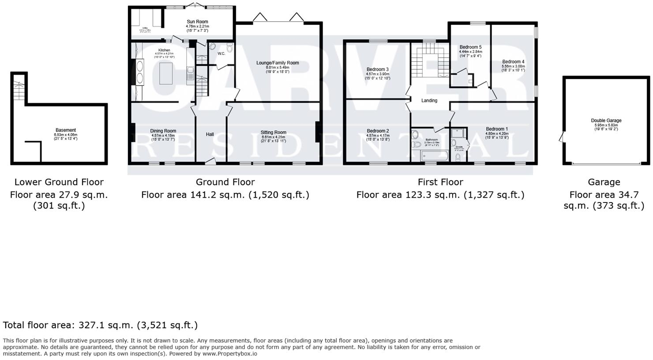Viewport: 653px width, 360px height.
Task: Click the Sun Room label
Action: point(197,22)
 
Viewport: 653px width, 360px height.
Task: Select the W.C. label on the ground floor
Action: point(221,54)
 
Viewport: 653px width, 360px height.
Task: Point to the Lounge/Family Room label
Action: point(278,63)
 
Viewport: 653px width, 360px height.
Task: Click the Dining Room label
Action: point(163,131)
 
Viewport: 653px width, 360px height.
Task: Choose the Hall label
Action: point(210,134)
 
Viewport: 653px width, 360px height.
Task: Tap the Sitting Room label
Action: point(273,132)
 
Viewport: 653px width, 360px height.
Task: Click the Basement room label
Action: point(65,130)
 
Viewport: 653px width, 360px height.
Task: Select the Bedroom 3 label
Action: point(378,70)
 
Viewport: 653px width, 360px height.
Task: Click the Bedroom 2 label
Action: point(378,131)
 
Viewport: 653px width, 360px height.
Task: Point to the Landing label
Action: point(429,101)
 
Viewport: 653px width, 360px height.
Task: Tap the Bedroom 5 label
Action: point(470,47)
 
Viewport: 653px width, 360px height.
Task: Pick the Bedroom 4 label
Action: point(513,62)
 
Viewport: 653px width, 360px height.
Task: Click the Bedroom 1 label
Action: point(497,129)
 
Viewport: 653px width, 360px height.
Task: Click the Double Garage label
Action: point(606,120)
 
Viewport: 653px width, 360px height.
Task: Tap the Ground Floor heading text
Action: point(225,182)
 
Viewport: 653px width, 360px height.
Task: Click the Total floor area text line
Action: point(100,325)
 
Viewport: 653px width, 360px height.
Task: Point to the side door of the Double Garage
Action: point(561,138)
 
